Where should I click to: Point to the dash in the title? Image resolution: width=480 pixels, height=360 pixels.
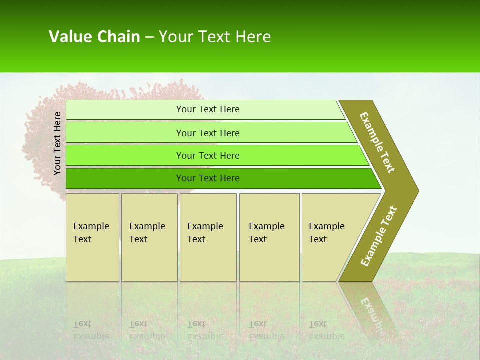(149, 37)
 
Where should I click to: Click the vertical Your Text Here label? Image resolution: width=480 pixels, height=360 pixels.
(57, 143)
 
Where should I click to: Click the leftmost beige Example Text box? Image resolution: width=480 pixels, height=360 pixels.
(92, 237)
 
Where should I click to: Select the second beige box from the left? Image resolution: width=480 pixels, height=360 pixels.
(149, 237)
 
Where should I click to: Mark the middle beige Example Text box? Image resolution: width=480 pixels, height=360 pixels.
(208, 237)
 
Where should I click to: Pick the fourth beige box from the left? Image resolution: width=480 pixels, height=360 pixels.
(269, 237)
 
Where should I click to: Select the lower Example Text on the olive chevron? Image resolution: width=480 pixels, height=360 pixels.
(379, 236)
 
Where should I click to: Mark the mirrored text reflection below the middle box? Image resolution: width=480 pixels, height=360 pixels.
(205, 330)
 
